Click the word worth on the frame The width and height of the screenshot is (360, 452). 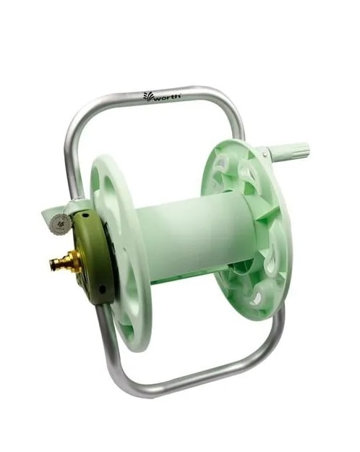tap(168, 97)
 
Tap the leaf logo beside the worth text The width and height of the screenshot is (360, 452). tap(148, 96)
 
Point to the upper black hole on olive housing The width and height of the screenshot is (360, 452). tap(85, 216)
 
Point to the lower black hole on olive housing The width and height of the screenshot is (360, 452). tap(101, 289)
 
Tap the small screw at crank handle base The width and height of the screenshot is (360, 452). tap(264, 155)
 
